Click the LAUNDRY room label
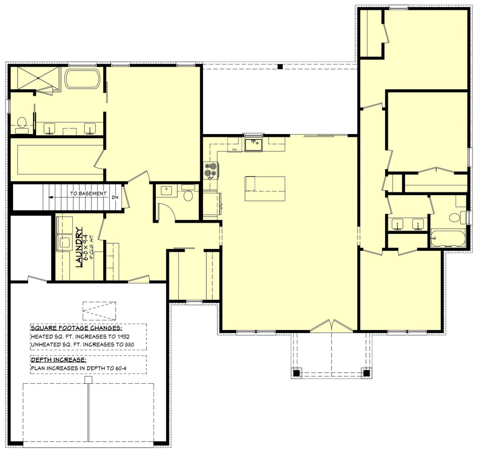pos(79,247)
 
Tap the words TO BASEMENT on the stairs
pos(88,193)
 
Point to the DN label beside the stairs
pos(115,197)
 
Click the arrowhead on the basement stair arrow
pos(50,197)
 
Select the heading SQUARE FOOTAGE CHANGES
pos(77,327)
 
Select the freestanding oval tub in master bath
pos(83,79)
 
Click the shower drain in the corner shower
pos(35,78)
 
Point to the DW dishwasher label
pos(235,149)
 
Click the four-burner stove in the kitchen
pos(211,170)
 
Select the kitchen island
pos(265,188)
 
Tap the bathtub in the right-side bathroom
pos(448,238)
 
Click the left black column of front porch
pos(296,373)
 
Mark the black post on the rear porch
pos(280,67)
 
